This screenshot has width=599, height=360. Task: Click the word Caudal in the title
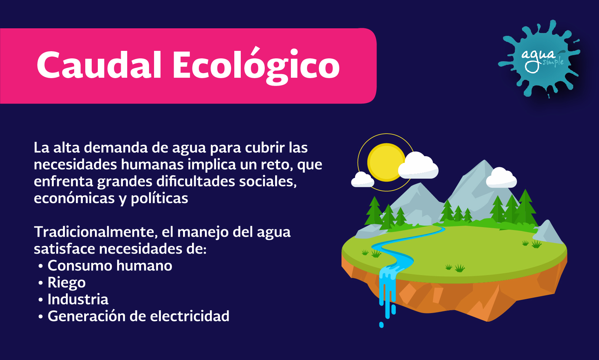pyautogui.click(x=99, y=65)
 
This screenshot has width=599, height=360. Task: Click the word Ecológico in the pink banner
pyautogui.click(x=256, y=66)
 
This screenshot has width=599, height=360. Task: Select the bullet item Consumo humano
pyautogui.click(x=110, y=265)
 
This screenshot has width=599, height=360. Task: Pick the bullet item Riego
pyautogui.click(x=67, y=283)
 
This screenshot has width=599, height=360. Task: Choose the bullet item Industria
pyautogui.click(x=78, y=299)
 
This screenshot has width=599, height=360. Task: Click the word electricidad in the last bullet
pyautogui.click(x=190, y=316)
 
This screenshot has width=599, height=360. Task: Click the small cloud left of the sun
pyautogui.click(x=363, y=180)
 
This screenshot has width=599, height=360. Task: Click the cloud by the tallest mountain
pyautogui.click(x=501, y=178)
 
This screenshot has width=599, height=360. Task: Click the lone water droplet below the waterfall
pyautogui.click(x=381, y=325)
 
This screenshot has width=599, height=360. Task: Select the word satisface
pyautogui.click(x=64, y=249)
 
